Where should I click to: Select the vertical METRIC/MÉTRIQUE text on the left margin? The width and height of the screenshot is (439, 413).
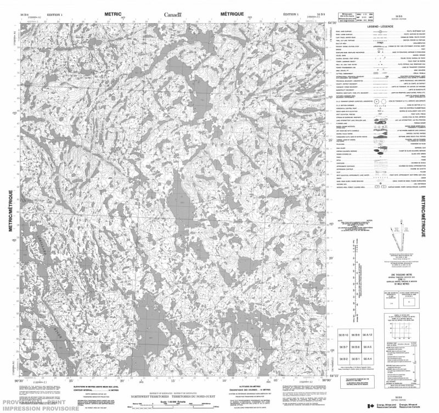tap(10, 214)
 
